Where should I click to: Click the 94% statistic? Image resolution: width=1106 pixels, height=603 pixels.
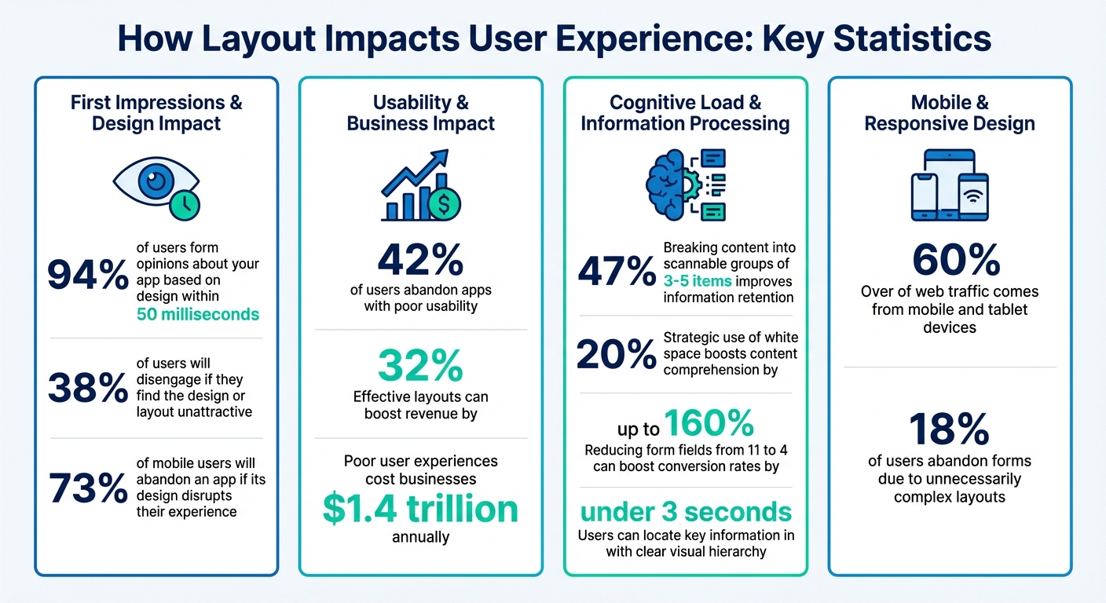[87, 275]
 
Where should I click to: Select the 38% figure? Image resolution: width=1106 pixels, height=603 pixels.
[87, 388]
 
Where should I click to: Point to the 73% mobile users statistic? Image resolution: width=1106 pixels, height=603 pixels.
[87, 488]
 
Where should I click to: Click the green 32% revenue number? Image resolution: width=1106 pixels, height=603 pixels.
[420, 365]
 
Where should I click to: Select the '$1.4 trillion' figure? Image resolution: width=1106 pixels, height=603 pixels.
[420, 509]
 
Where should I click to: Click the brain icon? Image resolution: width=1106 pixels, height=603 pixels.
[668, 185]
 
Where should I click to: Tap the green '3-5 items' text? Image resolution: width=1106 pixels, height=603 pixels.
[697, 281]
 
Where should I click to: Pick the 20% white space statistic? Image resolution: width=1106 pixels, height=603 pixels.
[617, 355]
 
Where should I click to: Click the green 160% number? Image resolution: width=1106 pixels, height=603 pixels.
[709, 424]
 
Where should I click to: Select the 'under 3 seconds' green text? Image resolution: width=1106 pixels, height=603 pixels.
[686, 512]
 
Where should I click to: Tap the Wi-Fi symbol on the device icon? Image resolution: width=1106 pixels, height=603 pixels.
[972, 196]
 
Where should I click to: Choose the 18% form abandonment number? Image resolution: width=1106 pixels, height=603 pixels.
[949, 429]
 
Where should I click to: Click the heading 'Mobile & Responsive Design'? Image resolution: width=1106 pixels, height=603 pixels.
[949, 113]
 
